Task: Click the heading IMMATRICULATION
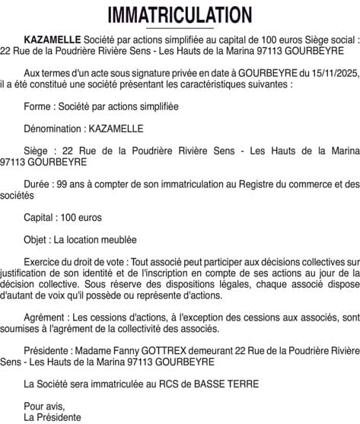coord(180,14)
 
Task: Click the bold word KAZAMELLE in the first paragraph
coord(52,37)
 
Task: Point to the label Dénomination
coord(53,129)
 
